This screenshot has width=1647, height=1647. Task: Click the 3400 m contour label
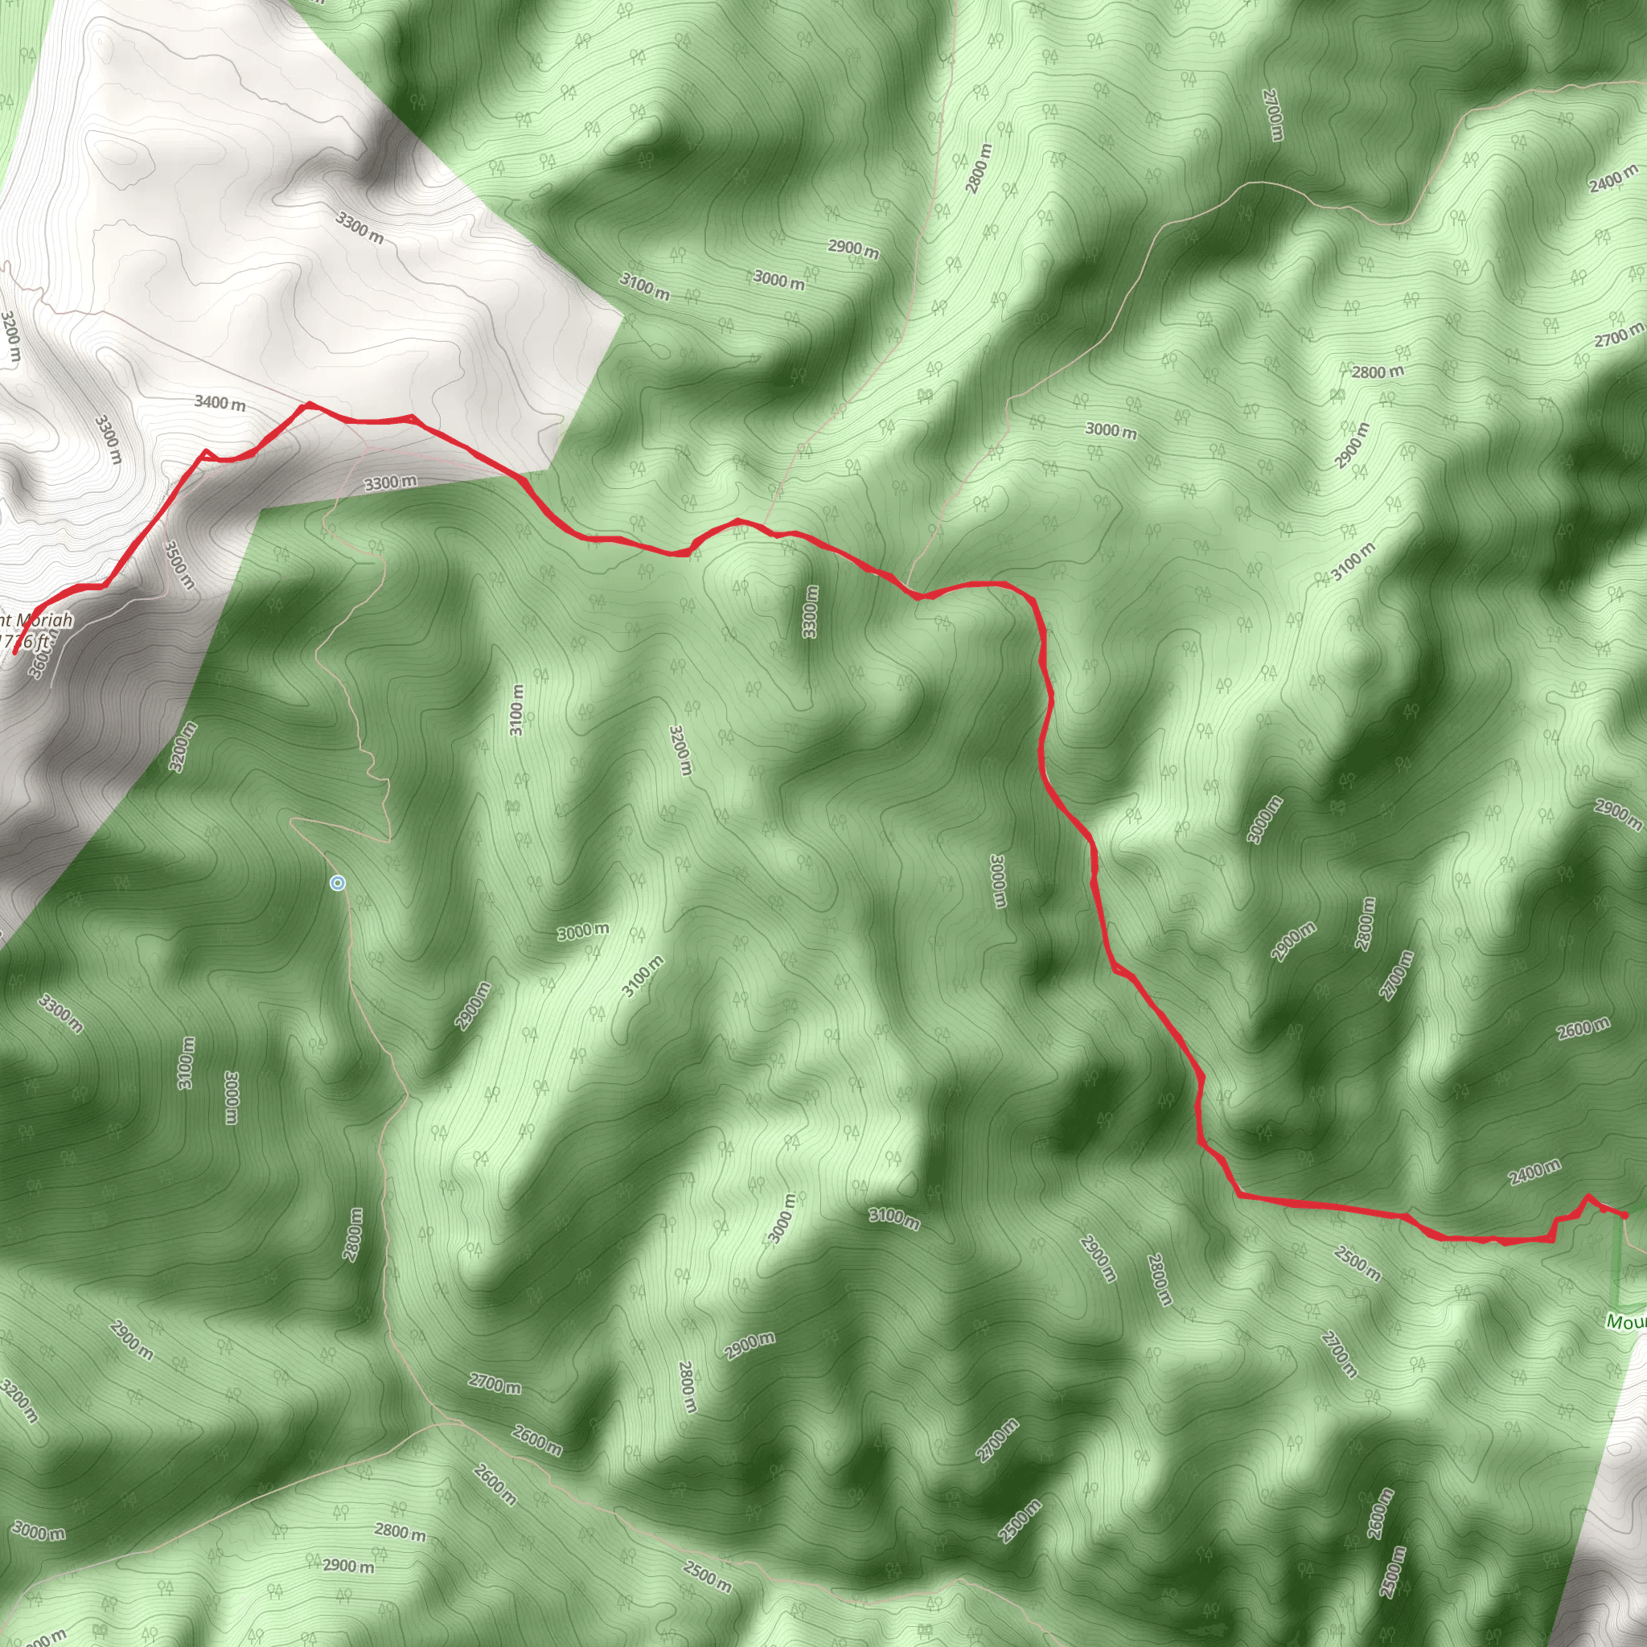coord(220,402)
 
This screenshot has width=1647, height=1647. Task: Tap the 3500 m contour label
coord(179,565)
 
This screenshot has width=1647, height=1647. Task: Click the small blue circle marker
coord(338,883)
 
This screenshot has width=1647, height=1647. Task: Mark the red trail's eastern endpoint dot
coord(1624,1215)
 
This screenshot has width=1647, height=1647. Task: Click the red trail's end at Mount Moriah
coord(15,652)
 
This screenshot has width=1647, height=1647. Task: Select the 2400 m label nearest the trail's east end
coord(1534,1173)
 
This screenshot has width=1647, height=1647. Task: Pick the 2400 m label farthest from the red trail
coord(1614,177)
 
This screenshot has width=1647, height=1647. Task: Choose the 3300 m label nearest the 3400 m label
coord(109,439)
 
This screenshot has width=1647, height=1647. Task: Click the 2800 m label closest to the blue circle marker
coord(353,1234)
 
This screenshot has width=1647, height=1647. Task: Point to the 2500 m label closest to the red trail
coord(1357,1263)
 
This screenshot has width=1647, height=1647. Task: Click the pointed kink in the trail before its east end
coord(1587,1197)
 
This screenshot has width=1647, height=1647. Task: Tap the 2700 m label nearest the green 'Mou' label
coord(1339,1353)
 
